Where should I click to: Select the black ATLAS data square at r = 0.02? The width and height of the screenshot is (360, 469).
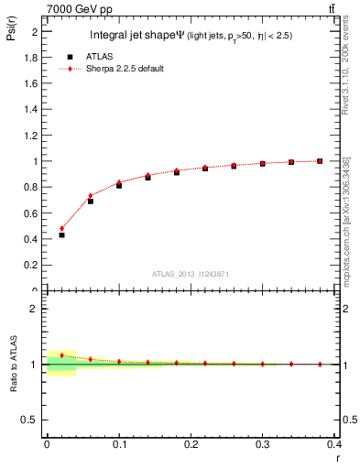[61, 234]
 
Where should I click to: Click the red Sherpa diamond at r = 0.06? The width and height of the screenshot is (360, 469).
[90, 195]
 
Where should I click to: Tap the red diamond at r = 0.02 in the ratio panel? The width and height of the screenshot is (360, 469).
[61, 354]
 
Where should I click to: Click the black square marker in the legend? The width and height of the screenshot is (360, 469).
[70, 56]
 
